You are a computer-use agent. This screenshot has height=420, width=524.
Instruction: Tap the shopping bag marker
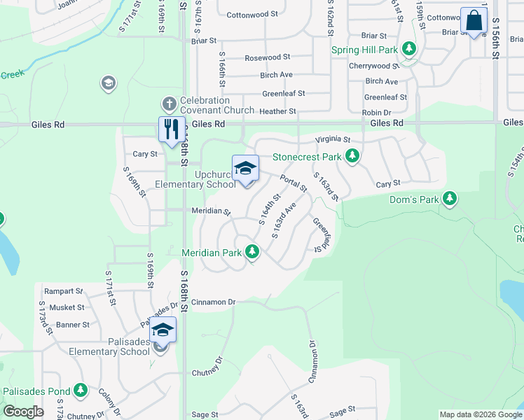(x=474, y=20)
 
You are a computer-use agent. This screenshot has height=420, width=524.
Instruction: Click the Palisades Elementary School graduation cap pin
(x=163, y=329)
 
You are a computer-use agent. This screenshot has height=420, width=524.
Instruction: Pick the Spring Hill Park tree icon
(x=408, y=50)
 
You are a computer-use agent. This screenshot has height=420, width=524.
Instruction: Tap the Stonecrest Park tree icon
(x=354, y=156)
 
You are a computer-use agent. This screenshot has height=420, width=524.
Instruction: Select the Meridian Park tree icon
(x=252, y=251)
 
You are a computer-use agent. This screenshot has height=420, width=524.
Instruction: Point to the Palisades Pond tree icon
(x=81, y=389)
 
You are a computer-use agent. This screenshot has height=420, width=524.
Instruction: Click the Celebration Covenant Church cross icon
(x=169, y=105)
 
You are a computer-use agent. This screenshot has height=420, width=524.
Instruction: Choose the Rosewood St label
(x=267, y=57)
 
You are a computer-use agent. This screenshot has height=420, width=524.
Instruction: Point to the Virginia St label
(x=333, y=139)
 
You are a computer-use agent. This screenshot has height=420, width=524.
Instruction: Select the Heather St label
(x=277, y=111)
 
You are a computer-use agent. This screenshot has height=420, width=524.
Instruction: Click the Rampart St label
(x=63, y=291)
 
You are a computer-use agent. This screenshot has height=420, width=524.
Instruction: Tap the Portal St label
(x=294, y=183)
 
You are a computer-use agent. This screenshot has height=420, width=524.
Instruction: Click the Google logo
(x=23, y=412)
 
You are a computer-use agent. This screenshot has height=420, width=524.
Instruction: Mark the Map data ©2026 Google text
(x=481, y=414)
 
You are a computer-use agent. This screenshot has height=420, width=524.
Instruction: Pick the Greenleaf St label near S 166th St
(x=284, y=93)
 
